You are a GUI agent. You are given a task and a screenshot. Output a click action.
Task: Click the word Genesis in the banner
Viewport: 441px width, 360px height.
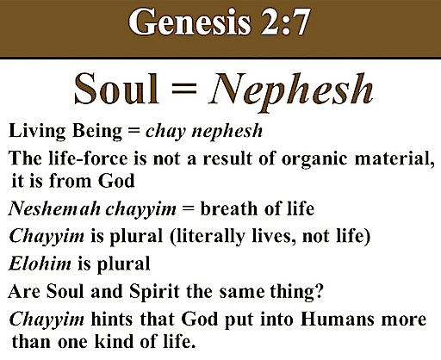189,22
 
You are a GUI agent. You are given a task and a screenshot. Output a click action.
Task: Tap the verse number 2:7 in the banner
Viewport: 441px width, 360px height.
285,22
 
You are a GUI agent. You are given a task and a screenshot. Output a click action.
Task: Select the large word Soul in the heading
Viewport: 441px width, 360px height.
116,89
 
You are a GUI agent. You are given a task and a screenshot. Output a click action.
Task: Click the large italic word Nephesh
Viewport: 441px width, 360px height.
290,91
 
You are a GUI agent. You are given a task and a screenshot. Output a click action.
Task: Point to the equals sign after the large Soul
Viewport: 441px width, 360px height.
183,89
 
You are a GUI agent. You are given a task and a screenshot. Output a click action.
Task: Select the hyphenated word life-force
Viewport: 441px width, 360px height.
88,158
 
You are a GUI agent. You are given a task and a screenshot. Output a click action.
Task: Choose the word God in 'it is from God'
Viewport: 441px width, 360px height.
116,181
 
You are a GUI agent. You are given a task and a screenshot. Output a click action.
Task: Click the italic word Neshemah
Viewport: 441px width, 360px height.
54,208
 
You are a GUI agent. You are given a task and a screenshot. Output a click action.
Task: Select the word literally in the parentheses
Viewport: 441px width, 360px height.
208,237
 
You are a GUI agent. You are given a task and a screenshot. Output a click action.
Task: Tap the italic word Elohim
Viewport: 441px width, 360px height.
40,264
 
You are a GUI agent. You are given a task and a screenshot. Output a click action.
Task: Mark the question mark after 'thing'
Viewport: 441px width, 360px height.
319,291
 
